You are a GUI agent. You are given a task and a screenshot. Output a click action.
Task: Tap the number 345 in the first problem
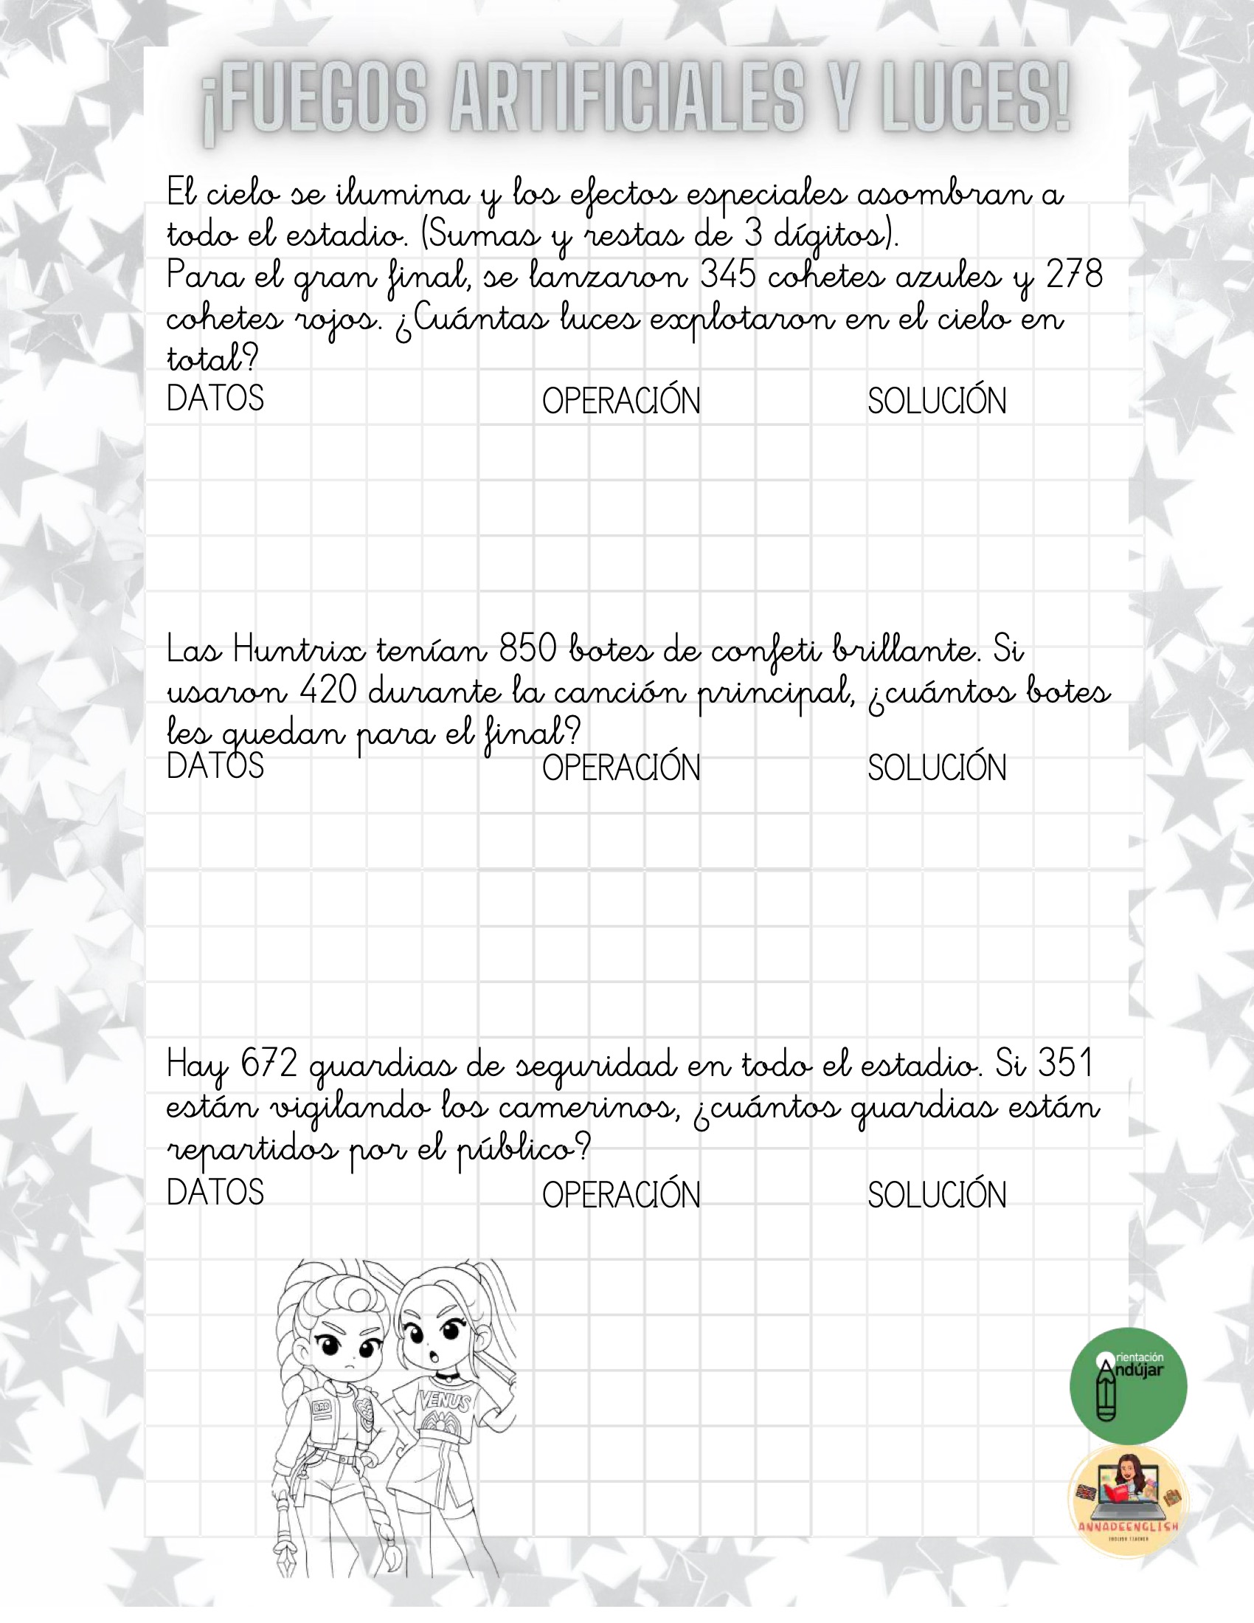[728, 278]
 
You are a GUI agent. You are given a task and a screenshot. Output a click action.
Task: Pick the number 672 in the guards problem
[269, 1065]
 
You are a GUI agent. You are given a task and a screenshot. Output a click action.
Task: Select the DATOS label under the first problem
[215, 399]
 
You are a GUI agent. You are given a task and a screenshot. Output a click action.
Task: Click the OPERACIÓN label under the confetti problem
[621, 768]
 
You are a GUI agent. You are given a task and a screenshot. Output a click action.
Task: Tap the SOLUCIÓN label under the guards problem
[937, 1195]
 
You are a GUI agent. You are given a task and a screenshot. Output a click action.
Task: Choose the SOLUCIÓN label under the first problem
[937, 402]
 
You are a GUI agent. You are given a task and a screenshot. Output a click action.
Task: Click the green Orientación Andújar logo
[1128, 1386]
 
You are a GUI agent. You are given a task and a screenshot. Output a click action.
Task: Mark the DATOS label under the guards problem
[215, 1192]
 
